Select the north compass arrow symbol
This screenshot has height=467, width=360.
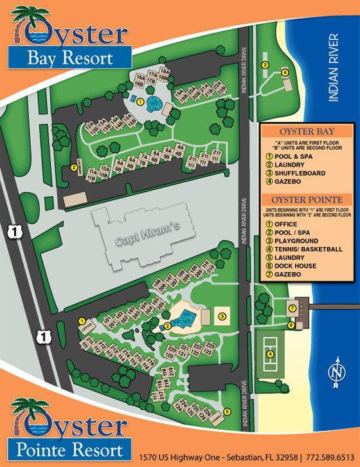click(x=336, y=373)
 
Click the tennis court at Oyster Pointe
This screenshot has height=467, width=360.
click(x=270, y=353)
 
